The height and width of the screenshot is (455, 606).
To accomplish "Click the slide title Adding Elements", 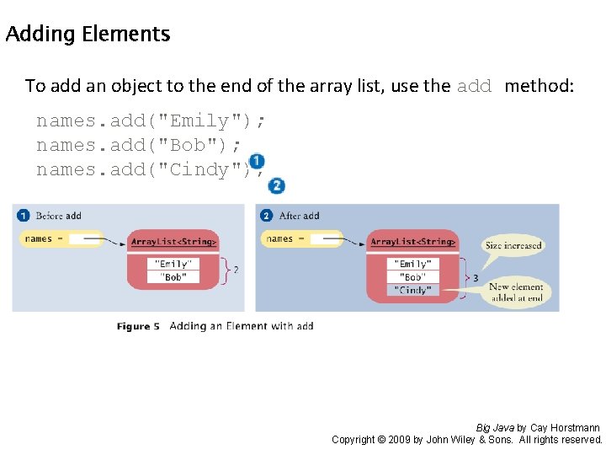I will click(x=88, y=35).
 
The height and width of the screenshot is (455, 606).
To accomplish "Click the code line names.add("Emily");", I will click(x=151, y=120).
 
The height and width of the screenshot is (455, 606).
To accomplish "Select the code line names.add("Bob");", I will click(x=139, y=145).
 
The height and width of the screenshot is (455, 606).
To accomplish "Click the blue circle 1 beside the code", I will click(x=257, y=161).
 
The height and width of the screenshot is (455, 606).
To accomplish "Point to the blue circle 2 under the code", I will click(x=276, y=186).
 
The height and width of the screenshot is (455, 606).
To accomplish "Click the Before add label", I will click(x=58, y=216).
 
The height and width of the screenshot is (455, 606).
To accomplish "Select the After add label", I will click(x=299, y=216).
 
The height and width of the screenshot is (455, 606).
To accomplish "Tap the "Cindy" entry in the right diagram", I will click(x=412, y=290).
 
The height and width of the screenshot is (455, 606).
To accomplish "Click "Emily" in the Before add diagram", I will click(x=173, y=264).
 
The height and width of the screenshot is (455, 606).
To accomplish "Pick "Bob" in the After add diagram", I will click(x=412, y=276).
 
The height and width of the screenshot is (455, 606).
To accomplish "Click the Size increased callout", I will click(x=513, y=245).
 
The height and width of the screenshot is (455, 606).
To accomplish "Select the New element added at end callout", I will click(x=516, y=292).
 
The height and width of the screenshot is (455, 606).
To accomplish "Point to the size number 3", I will click(x=476, y=277).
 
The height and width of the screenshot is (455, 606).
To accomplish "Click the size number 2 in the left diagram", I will click(x=235, y=270).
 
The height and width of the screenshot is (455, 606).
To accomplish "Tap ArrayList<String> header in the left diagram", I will click(x=173, y=243).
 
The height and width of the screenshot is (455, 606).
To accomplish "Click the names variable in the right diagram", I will click(x=280, y=239).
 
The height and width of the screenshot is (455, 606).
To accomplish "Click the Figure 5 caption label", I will click(x=138, y=326).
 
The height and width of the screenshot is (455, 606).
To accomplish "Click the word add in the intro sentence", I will click(x=474, y=86).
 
